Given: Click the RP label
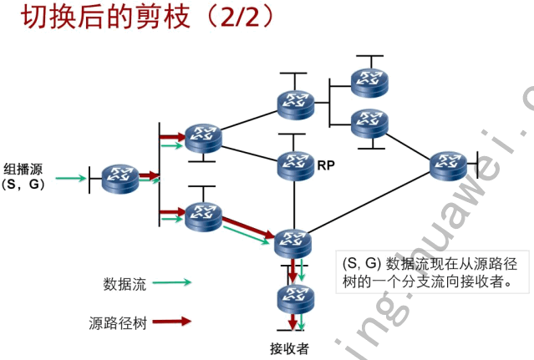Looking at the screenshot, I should point(326,165).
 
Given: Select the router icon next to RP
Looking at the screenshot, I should point(294,165).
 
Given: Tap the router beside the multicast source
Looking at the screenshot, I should point(120,177).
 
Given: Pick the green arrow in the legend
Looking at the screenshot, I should point(172,283).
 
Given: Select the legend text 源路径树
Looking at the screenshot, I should point(117,322).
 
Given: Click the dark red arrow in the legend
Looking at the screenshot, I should point(172,321).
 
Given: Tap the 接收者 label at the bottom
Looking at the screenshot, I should point(289,347).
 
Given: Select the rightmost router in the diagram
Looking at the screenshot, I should point(449,165).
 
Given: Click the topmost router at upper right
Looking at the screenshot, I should point(369,79).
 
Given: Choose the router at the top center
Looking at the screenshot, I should point(296,102).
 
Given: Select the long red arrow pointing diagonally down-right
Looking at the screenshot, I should point(247,225).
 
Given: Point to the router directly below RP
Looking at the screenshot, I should point(292,243).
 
